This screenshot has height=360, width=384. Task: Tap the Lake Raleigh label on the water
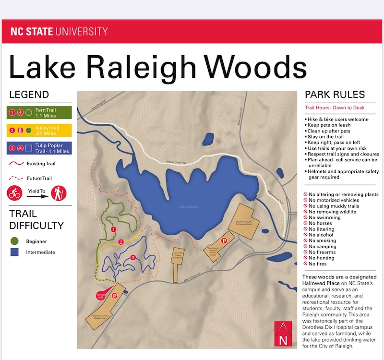[189, 207]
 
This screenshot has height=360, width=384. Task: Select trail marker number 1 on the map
[114, 230]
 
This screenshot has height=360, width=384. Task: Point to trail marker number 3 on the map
[133, 258]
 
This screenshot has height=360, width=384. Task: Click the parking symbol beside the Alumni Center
[223, 240]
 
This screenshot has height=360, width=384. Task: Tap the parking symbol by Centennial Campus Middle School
[115, 297]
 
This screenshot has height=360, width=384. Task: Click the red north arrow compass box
[281, 333]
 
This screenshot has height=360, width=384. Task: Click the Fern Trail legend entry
[39, 113]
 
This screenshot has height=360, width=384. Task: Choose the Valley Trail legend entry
[39, 130]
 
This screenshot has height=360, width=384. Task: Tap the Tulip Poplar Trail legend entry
[39, 148]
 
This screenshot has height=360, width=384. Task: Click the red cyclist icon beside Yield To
[14, 193]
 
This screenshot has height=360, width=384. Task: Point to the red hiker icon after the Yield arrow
[59, 193]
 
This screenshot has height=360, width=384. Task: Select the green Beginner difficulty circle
[14, 241]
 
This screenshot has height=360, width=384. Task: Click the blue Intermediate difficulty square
[14, 252]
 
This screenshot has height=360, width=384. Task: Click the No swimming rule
[324, 217]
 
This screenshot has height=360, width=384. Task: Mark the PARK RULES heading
[335, 95]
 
